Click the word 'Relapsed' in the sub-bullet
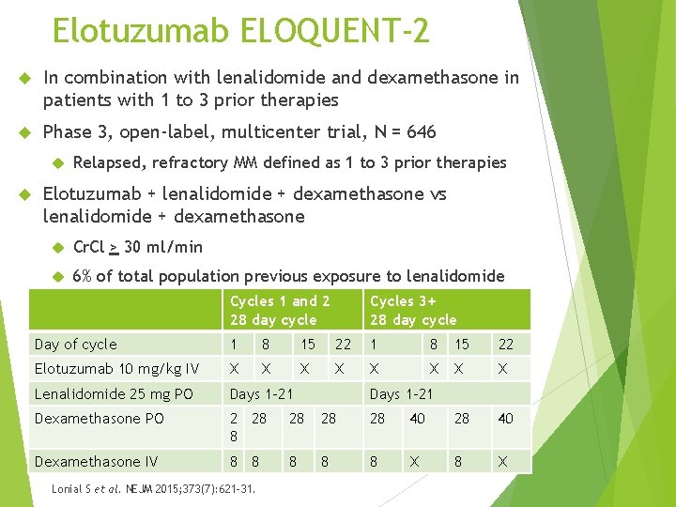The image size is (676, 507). point(107,162)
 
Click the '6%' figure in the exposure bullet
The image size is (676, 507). point(82,276)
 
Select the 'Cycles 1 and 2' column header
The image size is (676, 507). point(280,301)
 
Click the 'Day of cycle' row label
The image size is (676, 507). point(76,345)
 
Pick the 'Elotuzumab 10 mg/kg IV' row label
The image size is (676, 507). point(116,369)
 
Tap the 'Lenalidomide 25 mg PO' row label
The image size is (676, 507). point(114,393)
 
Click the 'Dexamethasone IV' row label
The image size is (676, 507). point(96,461)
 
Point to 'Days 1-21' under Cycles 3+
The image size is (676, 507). point(402,393)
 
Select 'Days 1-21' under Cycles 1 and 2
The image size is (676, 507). point(261,393)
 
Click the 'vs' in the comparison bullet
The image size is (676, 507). point(438,194)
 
